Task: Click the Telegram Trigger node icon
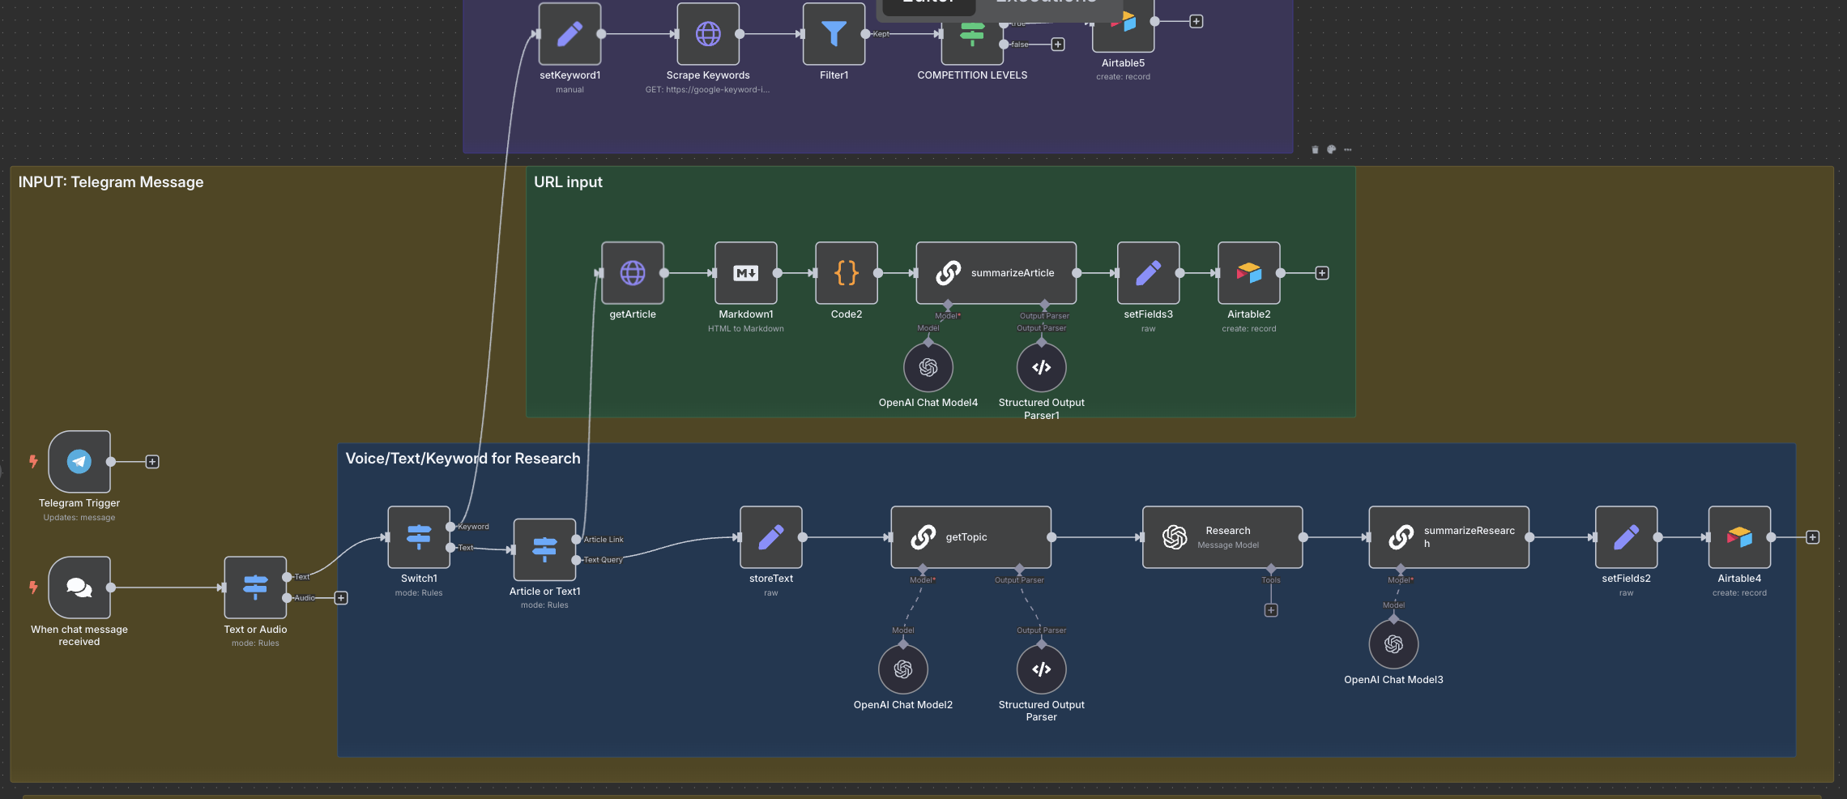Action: [79, 461]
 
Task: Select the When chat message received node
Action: [79, 587]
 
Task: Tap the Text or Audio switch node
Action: [255, 587]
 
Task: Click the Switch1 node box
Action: [419, 537]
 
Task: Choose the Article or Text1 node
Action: [544, 549]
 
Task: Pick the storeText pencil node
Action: [771, 537]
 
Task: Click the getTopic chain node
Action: [970, 537]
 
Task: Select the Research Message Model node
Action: [1222, 537]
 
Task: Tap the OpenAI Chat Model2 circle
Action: [903, 669]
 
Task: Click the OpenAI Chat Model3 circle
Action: [1393, 644]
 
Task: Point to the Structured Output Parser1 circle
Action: [1042, 367]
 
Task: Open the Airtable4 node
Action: [1739, 537]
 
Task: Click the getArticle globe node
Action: [633, 273]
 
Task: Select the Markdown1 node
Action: [746, 273]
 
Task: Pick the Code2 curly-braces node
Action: [847, 273]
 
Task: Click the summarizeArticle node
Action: [996, 273]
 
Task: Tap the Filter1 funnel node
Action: [834, 34]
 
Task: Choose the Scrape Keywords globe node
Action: [708, 34]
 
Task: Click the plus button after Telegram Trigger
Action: [152, 462]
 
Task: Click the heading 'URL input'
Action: [568, 182]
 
